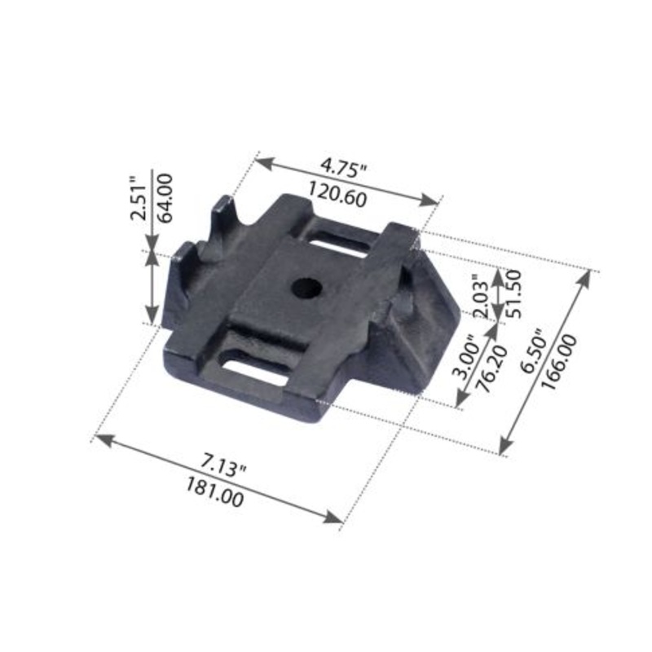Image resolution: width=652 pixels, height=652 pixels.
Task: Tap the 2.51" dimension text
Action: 138,198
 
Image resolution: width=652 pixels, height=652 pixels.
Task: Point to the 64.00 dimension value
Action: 165,198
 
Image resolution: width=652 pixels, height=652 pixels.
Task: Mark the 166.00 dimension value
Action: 560,362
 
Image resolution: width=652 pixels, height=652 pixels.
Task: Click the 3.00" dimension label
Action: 466,356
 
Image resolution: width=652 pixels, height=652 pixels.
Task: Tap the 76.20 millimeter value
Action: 491,368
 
